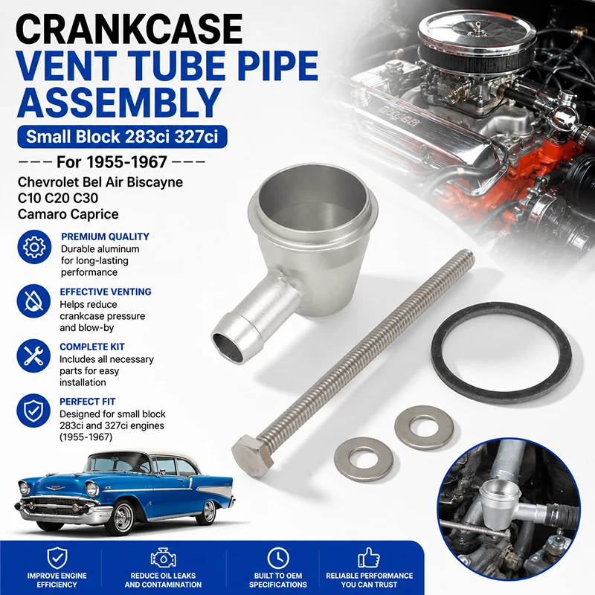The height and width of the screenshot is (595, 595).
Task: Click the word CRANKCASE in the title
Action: pos(129,29)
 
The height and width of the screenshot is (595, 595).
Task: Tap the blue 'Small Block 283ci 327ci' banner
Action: pos(122,137)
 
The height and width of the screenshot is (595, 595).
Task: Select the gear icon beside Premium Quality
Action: pos(34,247)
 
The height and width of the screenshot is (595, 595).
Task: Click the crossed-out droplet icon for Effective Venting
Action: pos(33,301)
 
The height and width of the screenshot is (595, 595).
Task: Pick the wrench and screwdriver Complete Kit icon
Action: pos(33,356)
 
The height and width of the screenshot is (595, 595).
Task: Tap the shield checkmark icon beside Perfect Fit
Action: pos(33,411)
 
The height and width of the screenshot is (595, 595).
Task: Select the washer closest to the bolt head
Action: pos(363,457)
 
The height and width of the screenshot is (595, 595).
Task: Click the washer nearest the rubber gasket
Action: pos(424,425)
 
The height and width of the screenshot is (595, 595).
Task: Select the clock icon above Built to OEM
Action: pos(278,559)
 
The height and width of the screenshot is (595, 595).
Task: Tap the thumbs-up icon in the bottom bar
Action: pos(369,557)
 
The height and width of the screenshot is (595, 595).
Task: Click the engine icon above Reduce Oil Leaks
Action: pos(163,558)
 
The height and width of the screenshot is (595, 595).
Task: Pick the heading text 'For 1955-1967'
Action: pos(112,162)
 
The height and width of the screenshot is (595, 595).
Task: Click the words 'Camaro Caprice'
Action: pos(68,214)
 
